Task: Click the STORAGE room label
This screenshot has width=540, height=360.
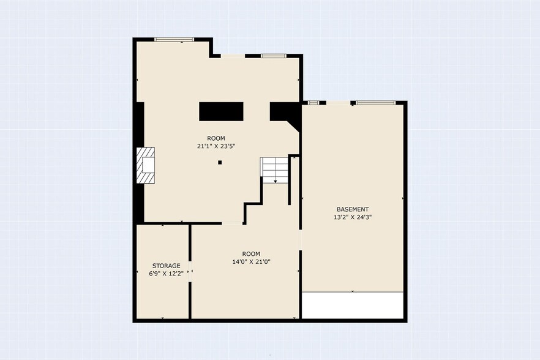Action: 166,266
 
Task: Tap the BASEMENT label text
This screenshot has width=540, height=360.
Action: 353,209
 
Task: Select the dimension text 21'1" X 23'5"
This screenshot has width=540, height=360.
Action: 216,146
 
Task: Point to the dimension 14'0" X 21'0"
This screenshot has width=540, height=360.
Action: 251,261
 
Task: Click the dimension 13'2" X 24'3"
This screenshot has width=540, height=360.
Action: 353,217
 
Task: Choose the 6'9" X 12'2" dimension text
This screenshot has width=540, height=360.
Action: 166,274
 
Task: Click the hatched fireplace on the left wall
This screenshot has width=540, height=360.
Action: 146,165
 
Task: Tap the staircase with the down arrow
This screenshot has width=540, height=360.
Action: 274,170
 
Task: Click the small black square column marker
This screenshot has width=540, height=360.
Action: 220,162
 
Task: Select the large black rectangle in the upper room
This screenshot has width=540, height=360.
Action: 221,111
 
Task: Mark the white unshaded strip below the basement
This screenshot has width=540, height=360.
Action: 353,306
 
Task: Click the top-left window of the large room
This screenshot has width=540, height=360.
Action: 174,40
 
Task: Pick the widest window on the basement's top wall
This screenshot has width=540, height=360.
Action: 375,102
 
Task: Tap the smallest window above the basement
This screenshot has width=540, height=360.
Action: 313,102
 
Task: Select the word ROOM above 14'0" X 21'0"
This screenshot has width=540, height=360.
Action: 251,254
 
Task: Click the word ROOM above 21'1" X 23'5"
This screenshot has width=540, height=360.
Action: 216,138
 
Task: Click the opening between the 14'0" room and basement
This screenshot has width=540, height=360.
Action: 300,240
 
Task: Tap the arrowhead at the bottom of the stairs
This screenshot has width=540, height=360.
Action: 276,181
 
